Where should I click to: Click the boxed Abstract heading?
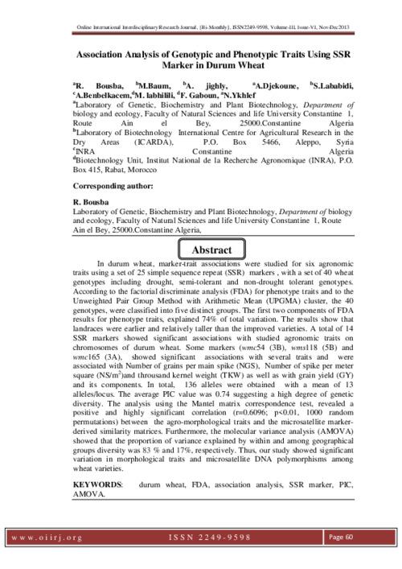tap(211, 249)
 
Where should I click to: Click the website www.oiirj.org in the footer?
tap(47, 538)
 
